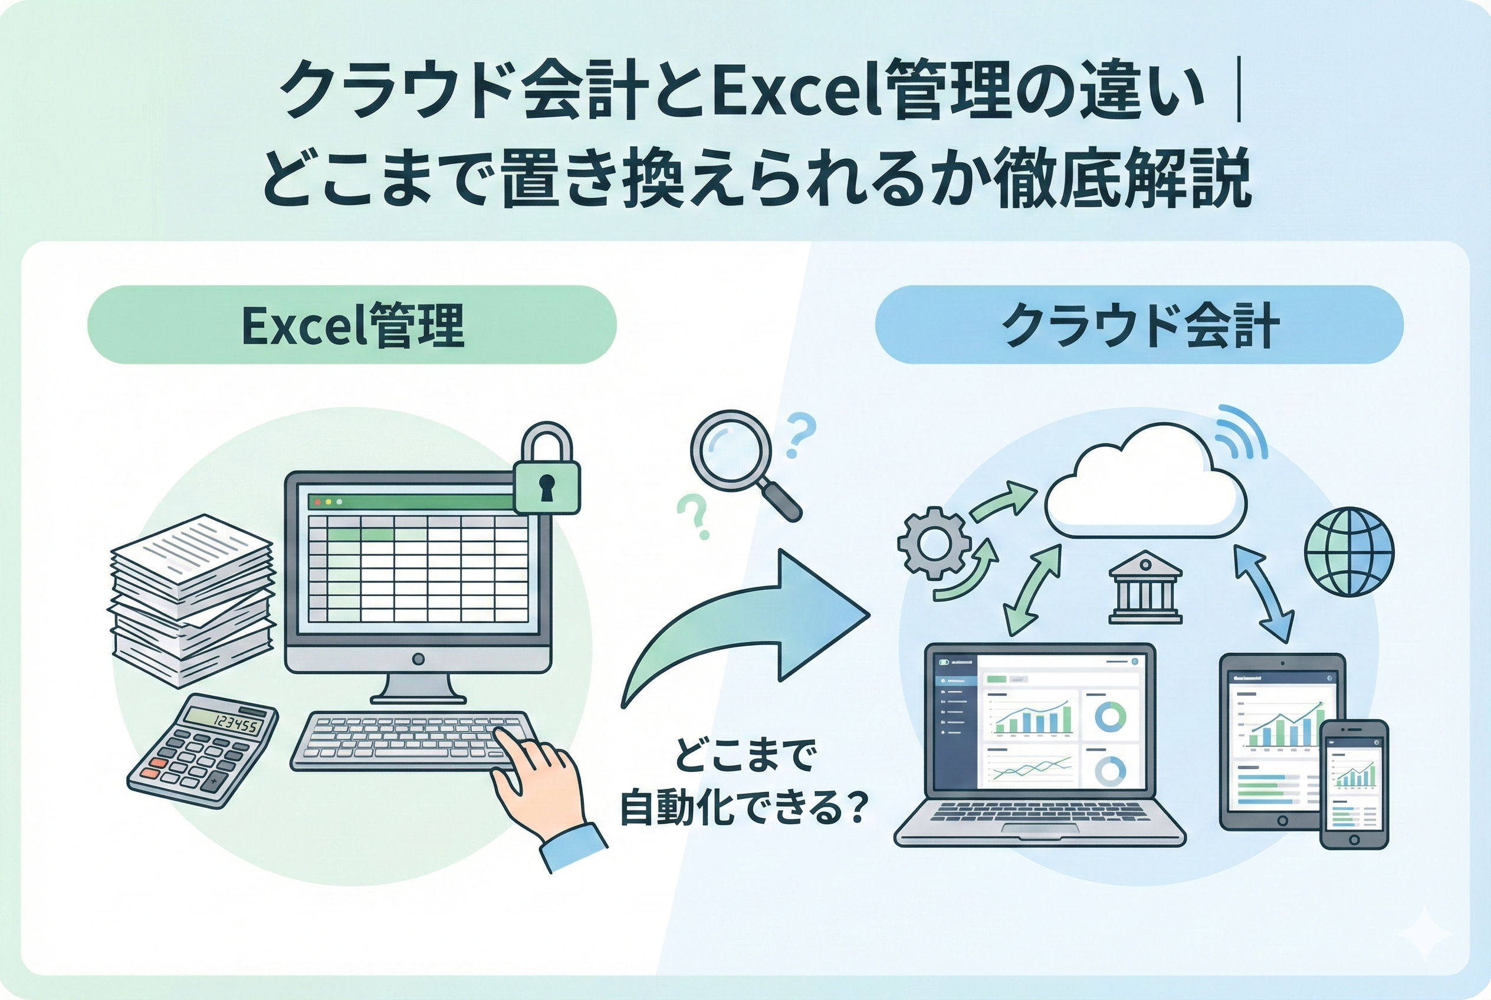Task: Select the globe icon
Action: coord(1349,552)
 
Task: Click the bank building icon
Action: coord(1145,588)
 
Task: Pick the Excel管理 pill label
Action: coord(352,325)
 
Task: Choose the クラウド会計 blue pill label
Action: coord(1139,325)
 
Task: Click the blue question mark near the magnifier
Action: coord(801,435)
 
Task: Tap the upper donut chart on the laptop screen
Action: coord(1110,716)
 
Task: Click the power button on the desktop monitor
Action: coord(419,659)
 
